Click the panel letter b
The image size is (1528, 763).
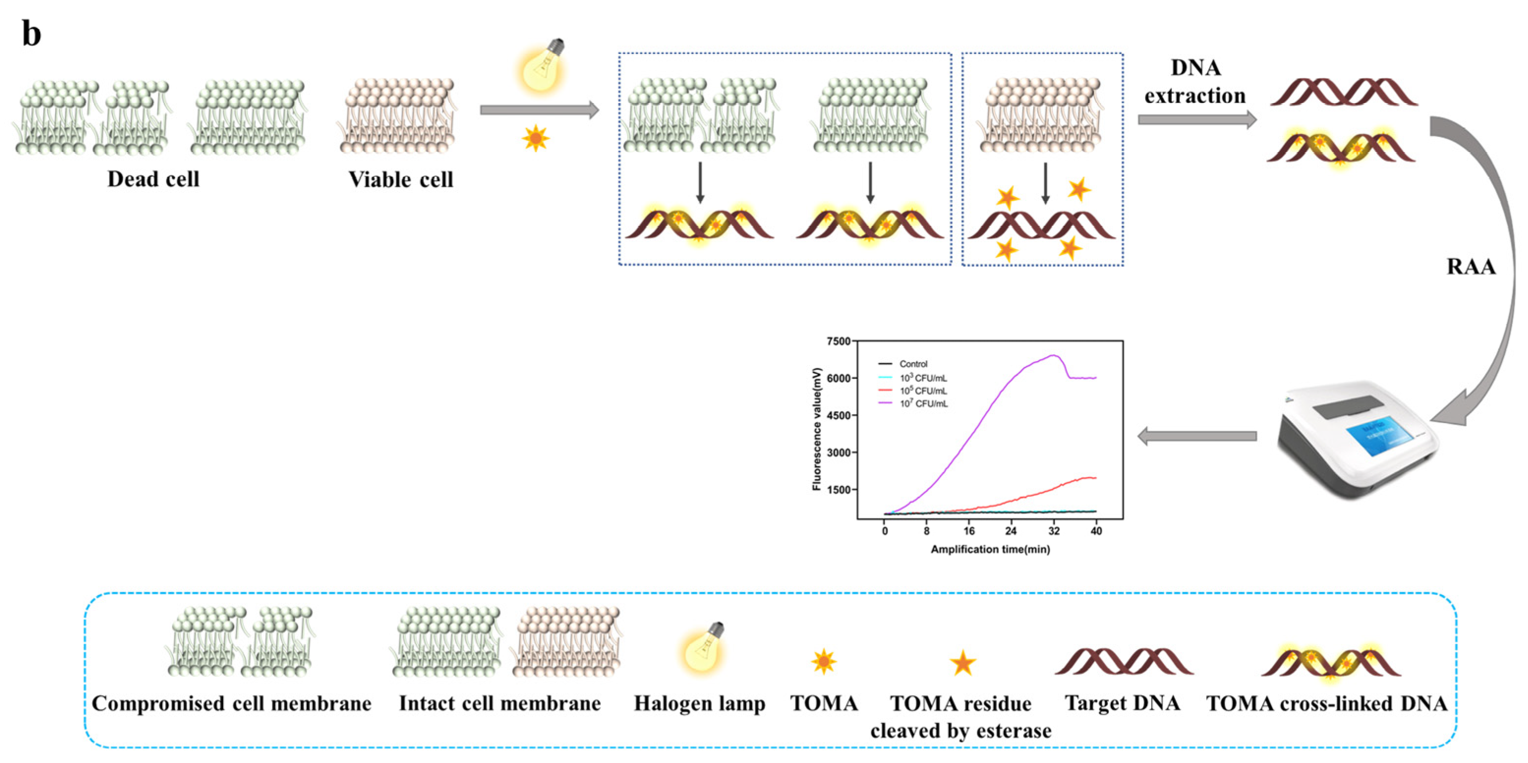tap(31, 34)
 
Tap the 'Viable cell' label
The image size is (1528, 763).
tap(400, 179)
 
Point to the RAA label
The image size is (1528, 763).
tap(1471, 266)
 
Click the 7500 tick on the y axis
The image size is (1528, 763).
tap(838, 341)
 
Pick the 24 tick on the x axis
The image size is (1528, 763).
tap(1011, 531)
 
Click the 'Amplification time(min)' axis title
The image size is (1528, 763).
tap(990, 549)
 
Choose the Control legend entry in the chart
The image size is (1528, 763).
tap(912, 364)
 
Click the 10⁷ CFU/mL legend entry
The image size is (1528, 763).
tap(923, 403)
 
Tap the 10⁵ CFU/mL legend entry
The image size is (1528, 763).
tap(923, 391)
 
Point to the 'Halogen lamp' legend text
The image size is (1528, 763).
tap(699, 703)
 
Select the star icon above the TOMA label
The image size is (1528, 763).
tap(824, 661)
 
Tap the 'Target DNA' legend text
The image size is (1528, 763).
tap(1122, 703)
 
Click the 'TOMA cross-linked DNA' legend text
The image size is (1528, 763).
tap(1327, 703)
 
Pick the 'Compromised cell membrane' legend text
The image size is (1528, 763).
tap(231, 703)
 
